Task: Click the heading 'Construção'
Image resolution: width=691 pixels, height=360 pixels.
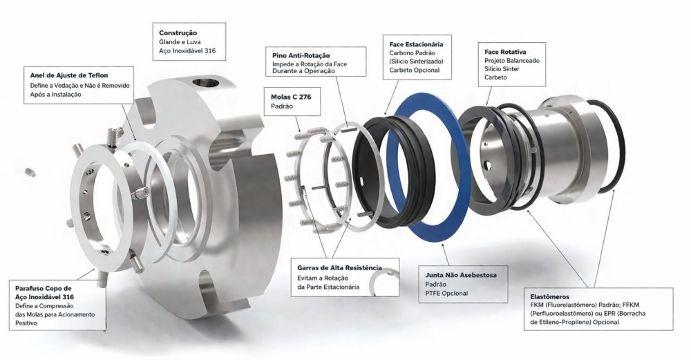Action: click(178, 33)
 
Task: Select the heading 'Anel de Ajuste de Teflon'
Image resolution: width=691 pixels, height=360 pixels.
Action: click(69, 75)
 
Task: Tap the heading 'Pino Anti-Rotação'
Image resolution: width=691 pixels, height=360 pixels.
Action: click(301, 55)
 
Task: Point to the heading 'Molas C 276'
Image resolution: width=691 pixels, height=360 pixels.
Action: click(291, 97)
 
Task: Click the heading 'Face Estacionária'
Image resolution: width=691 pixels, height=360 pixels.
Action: click(417, 44)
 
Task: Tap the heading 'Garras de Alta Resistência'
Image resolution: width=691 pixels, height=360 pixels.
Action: click(340, 268)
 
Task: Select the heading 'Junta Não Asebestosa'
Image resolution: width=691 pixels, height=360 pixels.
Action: click(461, 275)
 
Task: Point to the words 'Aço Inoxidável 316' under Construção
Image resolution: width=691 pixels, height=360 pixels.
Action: click(187, 51)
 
